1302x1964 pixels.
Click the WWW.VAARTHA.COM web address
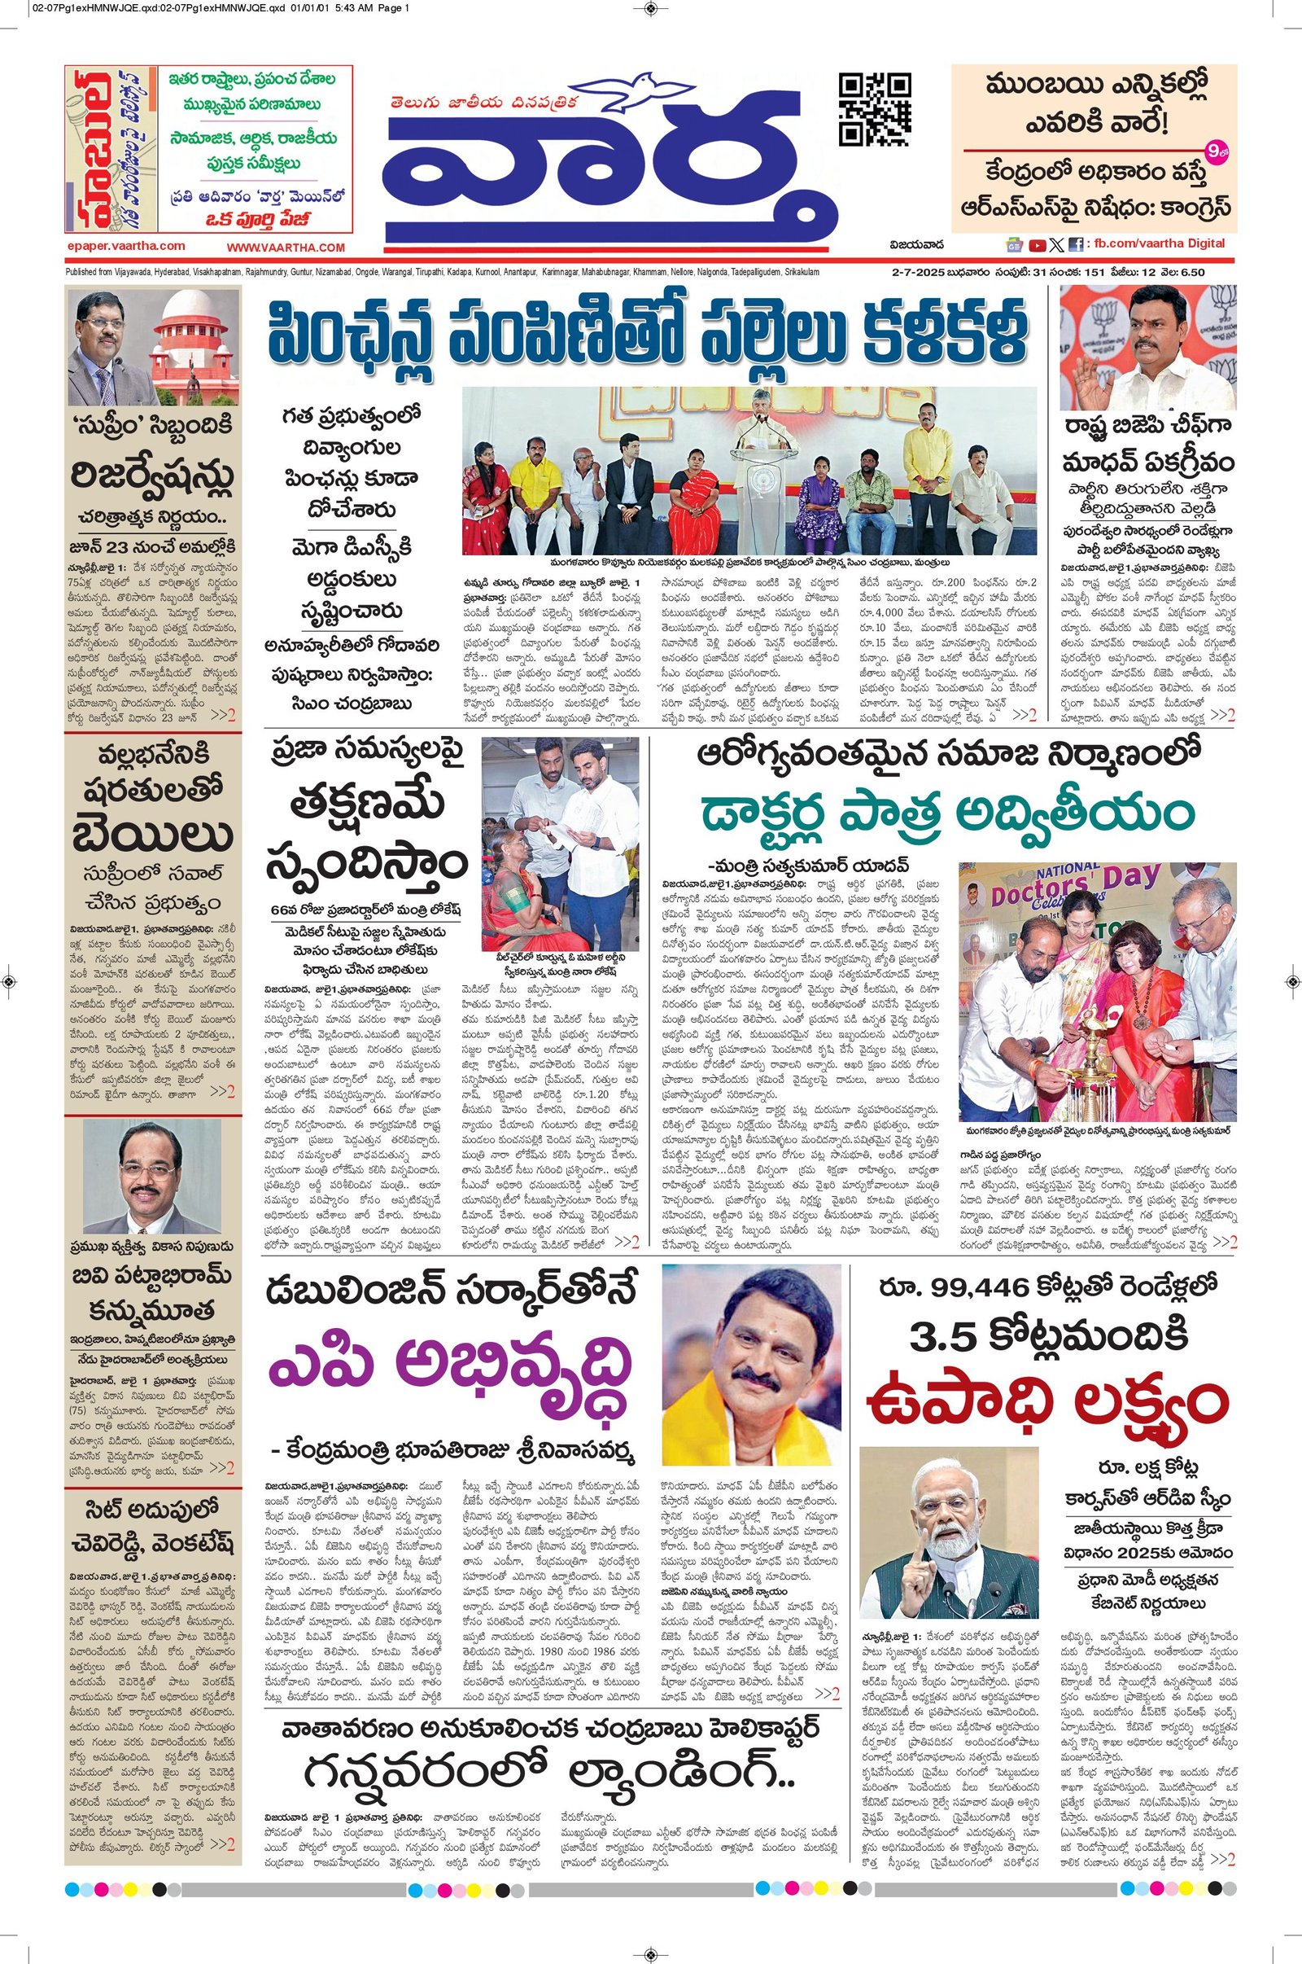[x=286, y=248]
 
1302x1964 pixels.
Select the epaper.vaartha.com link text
[x=126, y=246]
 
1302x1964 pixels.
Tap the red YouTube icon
[x=1037, y=245]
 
